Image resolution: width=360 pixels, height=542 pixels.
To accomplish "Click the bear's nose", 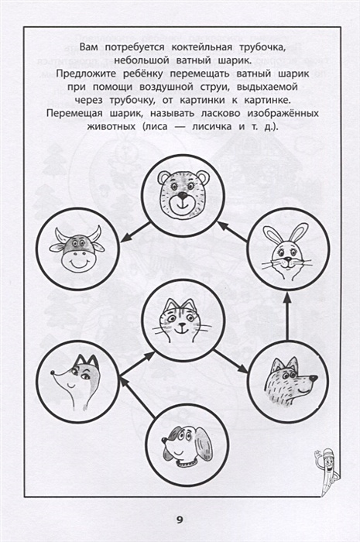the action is click(182, 197).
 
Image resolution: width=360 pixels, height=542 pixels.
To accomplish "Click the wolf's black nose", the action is click(314, 379).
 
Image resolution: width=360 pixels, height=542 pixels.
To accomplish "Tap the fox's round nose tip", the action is click(52, 373).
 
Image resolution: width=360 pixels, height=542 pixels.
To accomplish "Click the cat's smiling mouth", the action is click(180, 331).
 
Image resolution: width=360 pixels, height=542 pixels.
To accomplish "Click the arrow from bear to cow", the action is click(135, 232).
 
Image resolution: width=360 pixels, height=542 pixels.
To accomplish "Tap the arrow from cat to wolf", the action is click(231, 362).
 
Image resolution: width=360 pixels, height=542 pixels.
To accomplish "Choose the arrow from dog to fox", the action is click(138, 396).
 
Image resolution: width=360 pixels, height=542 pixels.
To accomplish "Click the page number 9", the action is click(180, 520).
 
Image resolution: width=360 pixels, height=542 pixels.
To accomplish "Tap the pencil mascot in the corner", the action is click(326, 472).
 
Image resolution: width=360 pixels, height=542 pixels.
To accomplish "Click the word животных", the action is click(111, 127).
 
